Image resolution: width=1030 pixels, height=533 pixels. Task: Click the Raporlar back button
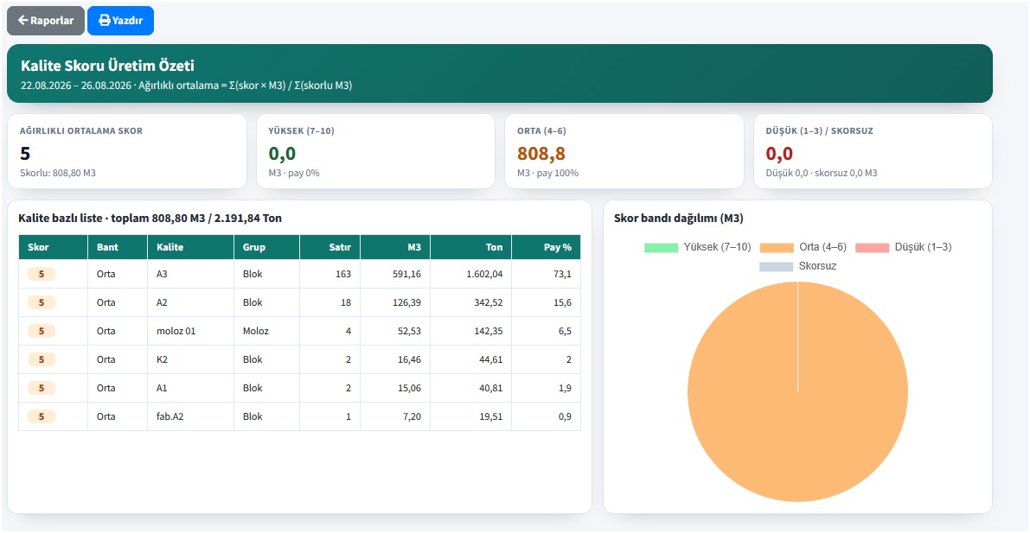(x=45, y=21)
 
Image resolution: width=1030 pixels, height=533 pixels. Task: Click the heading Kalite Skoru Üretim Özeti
(x=108, y=66)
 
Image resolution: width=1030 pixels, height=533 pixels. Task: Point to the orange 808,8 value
(x=541, y=154)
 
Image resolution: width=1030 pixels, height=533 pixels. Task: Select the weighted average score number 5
(x=25, y=154)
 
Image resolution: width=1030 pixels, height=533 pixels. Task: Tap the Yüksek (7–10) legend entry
(x=698, y=247)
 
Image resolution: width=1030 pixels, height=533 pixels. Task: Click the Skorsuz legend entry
(x=798, y=266)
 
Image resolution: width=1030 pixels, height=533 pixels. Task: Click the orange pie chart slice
(x=797, y=392)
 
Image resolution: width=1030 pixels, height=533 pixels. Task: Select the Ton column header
(x=494, y=247)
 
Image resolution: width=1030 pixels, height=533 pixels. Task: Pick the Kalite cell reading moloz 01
(x=176, y=331)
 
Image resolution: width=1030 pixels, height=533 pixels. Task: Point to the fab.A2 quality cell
(x=170, y=416)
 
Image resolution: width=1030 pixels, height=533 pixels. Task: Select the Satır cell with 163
(x=342, y=274)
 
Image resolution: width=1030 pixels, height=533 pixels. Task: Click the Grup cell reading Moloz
(x=256, y=331)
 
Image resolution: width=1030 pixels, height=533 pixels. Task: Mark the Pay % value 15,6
(x=564, y=302)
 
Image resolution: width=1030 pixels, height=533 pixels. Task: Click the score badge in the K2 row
(x=42, y=359)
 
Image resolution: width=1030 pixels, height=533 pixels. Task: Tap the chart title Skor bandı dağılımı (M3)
(x=679, y=219)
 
